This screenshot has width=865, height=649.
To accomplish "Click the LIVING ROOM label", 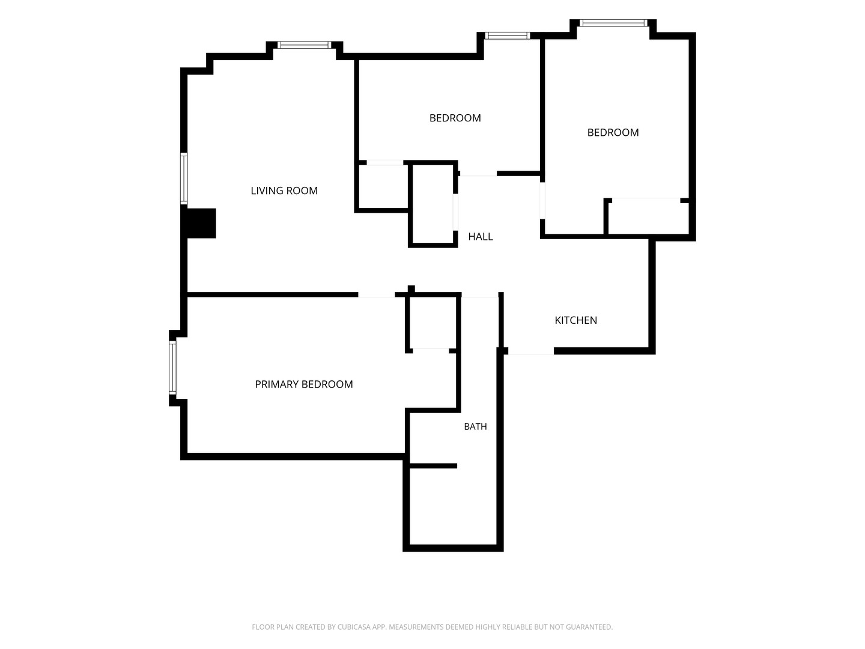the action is coord(284,190).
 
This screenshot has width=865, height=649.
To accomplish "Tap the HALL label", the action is coord(481,236).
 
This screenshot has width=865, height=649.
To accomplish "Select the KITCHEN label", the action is coord(575,320).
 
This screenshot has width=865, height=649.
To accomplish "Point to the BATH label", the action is coord(475,427).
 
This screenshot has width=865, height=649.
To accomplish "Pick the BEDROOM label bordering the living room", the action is coord(455,118).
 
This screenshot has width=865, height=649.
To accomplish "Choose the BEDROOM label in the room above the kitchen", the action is coord(613,132).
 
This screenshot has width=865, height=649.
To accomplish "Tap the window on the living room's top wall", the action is coord(304,45).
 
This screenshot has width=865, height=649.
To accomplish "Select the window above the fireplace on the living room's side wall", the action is coord(184,178).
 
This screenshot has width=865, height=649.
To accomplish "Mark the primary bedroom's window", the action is coord(172,368).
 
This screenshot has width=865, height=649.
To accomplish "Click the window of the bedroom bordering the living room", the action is coord(508,36).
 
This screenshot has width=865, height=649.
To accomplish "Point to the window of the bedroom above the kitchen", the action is coord(613,23).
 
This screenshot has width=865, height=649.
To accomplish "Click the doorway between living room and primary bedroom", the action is coord(377,294).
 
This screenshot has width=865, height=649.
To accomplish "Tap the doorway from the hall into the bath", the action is coord(479,294).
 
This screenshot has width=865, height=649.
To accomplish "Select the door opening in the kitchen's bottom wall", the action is coord(531,351).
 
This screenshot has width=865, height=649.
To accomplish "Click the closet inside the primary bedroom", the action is coord(432,323).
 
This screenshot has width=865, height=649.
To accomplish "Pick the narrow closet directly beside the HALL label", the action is coord(432,204).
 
